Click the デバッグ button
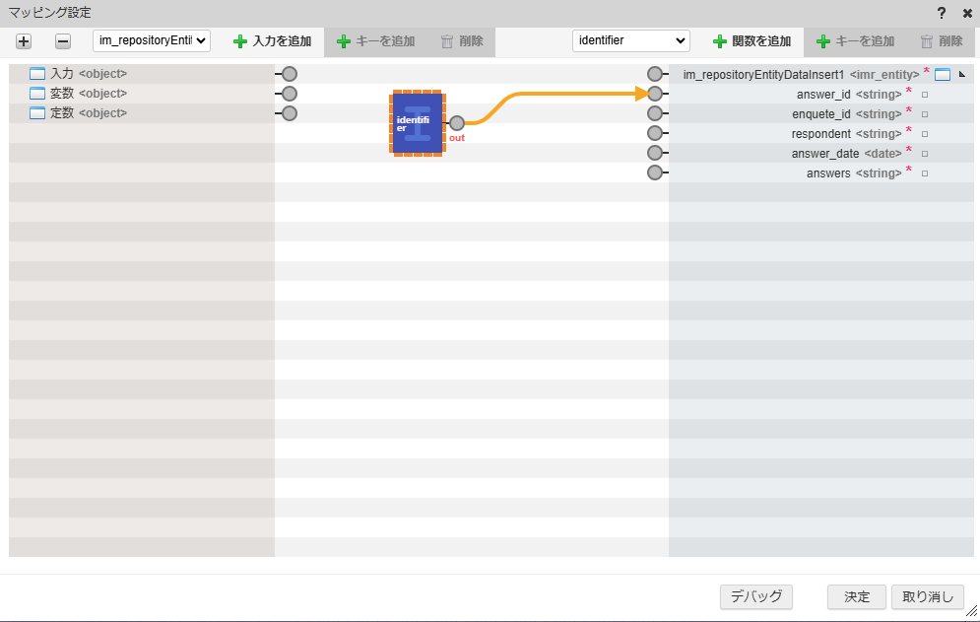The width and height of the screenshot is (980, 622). coord(756,596)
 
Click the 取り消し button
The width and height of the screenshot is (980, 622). coord(927,596)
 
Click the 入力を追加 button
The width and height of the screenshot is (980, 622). coord(272,41)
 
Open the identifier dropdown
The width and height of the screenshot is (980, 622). coord(630,41)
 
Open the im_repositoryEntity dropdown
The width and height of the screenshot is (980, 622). coord(152,41)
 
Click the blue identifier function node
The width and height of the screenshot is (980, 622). coord(417,123)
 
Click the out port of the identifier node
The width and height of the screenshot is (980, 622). coord(456,123)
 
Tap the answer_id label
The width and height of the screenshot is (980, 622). coord(823,94)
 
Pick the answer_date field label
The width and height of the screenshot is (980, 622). coord(825,153)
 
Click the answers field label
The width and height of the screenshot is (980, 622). coord(828,173)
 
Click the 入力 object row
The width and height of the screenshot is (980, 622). coord(61,74)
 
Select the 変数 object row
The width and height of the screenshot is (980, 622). coord(61,94)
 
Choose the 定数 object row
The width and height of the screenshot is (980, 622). coord(61,113)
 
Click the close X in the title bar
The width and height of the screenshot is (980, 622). coord(966,13)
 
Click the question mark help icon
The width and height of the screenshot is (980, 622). coord(942,13)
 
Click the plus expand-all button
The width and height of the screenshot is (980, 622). coord(24,41)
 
